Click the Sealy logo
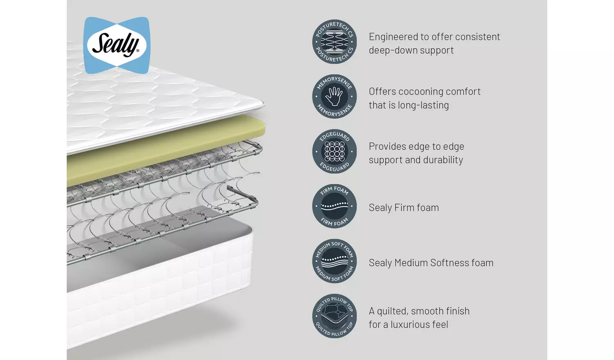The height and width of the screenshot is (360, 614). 117,45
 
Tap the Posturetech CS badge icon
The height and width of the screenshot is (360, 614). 334,42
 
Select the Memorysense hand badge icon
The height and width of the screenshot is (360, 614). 334,97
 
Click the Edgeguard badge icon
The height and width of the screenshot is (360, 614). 334,151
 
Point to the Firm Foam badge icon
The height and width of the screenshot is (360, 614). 334,206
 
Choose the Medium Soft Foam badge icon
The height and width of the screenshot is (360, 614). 334,261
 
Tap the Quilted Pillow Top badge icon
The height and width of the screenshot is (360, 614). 334,316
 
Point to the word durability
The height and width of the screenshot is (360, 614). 443,160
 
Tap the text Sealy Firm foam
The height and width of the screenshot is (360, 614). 404,208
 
